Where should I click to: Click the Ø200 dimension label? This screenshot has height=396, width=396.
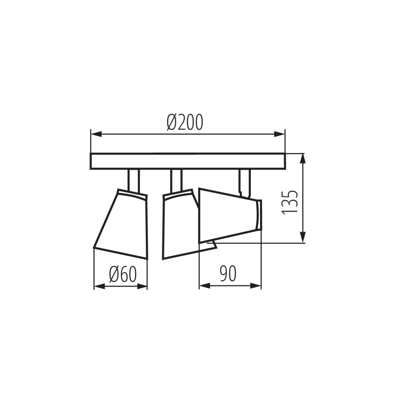184,122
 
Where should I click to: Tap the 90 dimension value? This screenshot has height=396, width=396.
228,274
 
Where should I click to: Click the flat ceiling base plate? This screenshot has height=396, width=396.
187,161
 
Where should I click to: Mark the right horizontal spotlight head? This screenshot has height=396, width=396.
228,214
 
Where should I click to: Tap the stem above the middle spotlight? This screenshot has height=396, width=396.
176,180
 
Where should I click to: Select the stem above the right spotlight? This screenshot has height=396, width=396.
245,180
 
